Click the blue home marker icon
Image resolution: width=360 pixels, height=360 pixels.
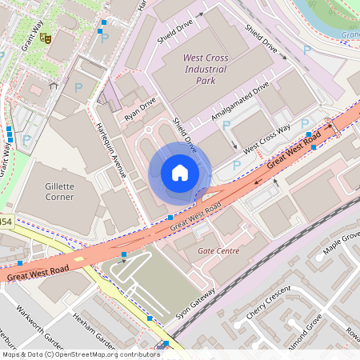tap(180, 173)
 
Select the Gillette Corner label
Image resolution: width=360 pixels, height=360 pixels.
tap(60, 191)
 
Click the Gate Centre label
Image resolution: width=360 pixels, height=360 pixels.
tap(218, 251)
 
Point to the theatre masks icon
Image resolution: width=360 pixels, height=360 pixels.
tap(46, 37)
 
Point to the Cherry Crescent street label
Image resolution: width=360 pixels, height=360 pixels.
tap(268, 303)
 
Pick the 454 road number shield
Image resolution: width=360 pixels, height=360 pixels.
tap(5, 222)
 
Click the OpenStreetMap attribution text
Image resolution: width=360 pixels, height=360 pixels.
tap(80, 354)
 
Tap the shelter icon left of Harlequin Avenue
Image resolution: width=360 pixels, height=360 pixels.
tap(53, 84)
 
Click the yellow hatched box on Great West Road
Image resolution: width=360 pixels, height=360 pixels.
tap(81, 261)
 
